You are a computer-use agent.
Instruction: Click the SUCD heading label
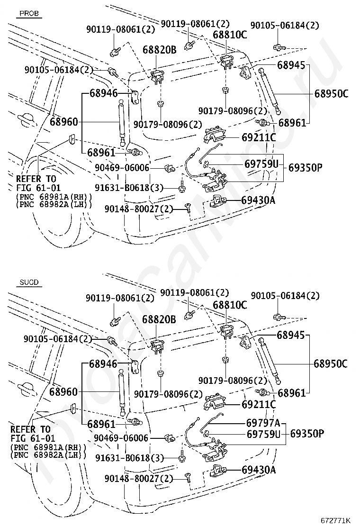click(x=28, y=282)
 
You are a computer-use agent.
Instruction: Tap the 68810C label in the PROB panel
click(x=230, y=35)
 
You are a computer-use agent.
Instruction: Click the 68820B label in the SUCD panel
click(x=159, y=320)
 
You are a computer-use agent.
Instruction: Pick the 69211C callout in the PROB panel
click(x=258, y=138)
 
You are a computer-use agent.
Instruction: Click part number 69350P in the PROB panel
click(x=306, y=167)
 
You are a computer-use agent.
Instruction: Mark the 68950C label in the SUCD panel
click(x=330, y=364)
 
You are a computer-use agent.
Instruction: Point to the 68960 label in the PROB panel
click(x=63, y=122)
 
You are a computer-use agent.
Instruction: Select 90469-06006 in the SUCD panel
click(x=122, y=438)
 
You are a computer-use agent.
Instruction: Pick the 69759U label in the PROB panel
click(x=261, y=164)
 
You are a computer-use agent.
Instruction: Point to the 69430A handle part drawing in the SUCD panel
click(x=218, y=471)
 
